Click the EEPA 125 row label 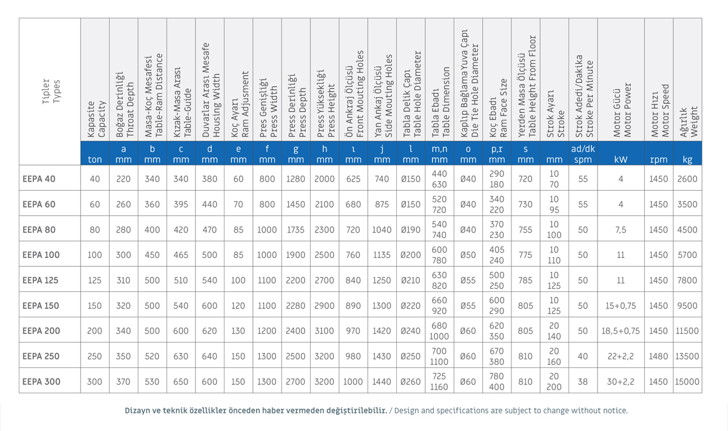40,280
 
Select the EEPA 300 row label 41,381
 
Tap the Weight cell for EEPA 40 687,179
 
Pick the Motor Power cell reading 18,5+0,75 621,331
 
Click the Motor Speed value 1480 658,356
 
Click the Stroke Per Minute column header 584,96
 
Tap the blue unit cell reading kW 621,160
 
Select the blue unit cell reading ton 95,160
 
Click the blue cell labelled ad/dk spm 583,154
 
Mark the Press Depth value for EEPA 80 295,229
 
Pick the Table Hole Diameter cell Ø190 411,229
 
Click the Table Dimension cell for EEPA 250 439,356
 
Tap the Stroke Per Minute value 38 583,381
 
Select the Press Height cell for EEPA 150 325,305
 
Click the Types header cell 51,92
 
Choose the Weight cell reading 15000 687,381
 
